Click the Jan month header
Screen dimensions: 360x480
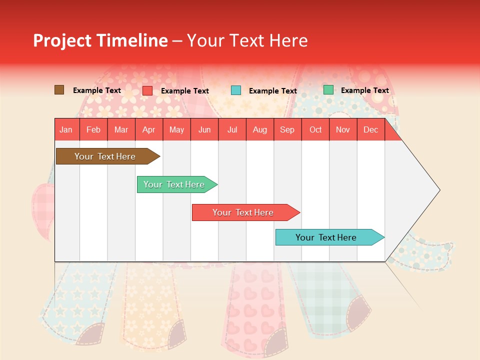click(66, 129)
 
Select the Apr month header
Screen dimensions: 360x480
click(149, 129)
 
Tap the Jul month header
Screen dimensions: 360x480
click(232, 129)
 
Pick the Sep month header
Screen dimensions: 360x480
click(287, 129)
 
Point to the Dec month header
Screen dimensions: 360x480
click(370, 129)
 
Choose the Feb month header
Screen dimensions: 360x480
click(93, 129)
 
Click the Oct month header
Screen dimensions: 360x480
click(315, 129)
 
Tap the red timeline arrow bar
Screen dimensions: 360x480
click(243, 212)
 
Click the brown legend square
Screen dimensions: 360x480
click(59, 90)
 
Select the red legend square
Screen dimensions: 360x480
click(147, 90)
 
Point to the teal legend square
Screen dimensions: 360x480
click(236, 90)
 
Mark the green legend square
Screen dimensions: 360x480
click(328, 90)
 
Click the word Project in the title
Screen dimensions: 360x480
click(62, 40)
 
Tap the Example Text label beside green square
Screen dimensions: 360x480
click(364, 90)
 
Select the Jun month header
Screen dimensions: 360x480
click(204, 129)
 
